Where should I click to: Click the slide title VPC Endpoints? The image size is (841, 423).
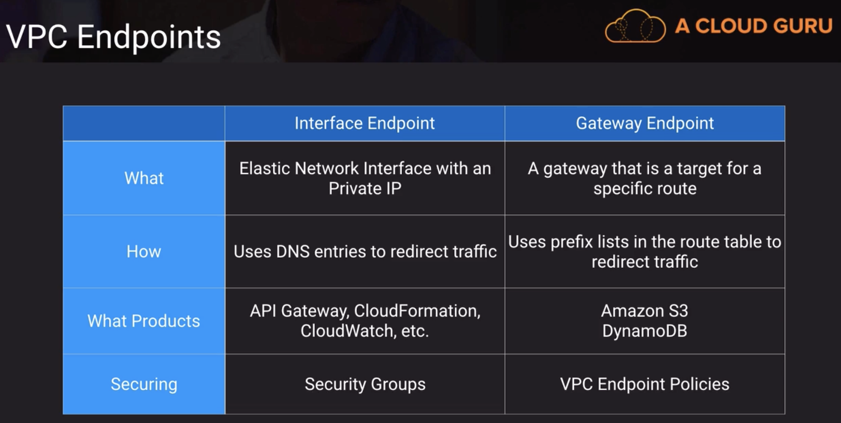pyautogui.click(x=113, y=37)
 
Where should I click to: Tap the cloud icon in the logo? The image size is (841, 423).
pyautogui.click(x=635, y=27)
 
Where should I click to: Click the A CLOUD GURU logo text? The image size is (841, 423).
pyautogui.click(x=753, y=26)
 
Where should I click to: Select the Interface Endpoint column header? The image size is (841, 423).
pyautogui.click(x=365, y=123)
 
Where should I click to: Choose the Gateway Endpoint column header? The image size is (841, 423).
pyautogui.click(x=644, y=123)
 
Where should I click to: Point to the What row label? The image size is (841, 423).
pyautogui.click(x=144, y=178)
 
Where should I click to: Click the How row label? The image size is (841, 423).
pyautogui.click(x=144, y=251)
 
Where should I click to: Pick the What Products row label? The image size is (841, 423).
pyautogui.click(x=144, y=321)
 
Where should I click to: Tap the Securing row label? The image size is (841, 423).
pyautogui.click(x=144, y=384)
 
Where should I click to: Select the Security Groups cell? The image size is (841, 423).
pyautogui.click(x=365, y=384)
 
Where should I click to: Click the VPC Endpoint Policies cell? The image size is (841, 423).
pyautogui.click(x=644, y=384)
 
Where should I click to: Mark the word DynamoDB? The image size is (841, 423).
pyautogui.click(x=644, y=331)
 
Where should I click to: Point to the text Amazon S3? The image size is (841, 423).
pyautogui.click(x=644, y=311)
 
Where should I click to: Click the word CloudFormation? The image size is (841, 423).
pyautogui.click(x=417, y=311)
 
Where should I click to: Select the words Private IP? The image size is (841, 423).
pyautogui.click(x=365, y=189)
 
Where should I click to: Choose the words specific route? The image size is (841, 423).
pyautogui.click(x=644, y=189)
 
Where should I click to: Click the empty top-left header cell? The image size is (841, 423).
pyautogui.click(x=144, y=123)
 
